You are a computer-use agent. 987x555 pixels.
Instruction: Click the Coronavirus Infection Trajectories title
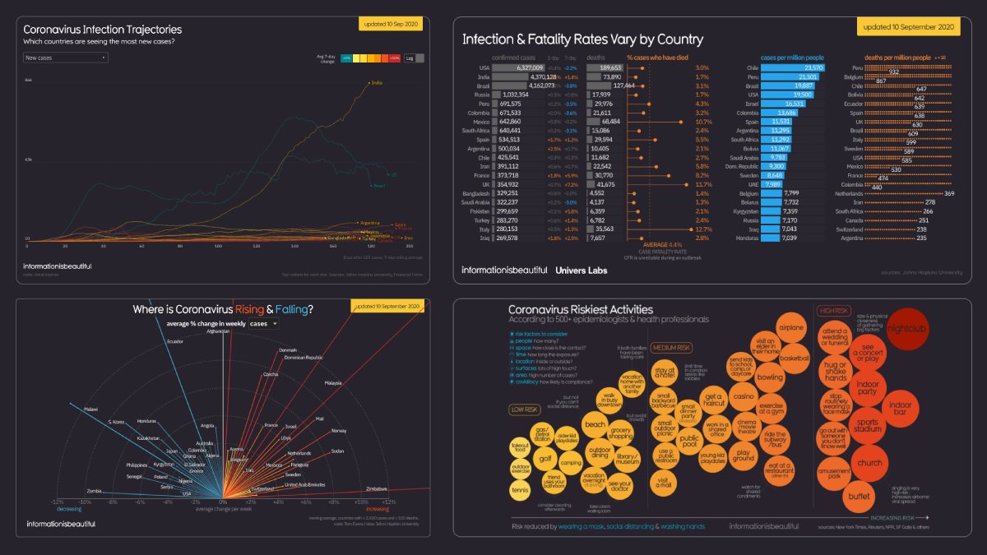pyautogui.click(x=102, y=30)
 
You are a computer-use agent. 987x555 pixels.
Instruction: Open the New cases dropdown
pyautogui.click(x=65, y=58)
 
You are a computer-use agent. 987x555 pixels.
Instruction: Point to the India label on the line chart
pyautogui.click(x=377, y=82)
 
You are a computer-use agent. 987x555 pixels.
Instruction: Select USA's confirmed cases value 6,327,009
pyautogui.click(x=525, y=68)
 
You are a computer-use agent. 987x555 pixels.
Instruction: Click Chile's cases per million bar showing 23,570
pyautogui.click(x=793, y=68)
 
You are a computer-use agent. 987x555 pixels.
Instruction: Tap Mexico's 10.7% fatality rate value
pyautogui.click(x=702, y=122)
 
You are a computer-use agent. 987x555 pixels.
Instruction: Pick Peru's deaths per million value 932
pyautogui.click(x=893, y=72)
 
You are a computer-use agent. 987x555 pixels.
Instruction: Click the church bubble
pyautogui.click(x=869, y=463)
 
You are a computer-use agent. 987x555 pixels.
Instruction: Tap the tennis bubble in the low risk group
pyautogui.click(x=521, y=490)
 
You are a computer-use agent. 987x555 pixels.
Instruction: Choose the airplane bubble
pyautogui.click(x=791, y=328)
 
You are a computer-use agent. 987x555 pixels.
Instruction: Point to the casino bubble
pyautogui.click(x=744, y=396)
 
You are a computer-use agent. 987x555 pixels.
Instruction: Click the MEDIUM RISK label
pyautogui.click(x=671, y=348)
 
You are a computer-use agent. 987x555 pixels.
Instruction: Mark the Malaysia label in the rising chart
pyautogui.click(x=332, y=383)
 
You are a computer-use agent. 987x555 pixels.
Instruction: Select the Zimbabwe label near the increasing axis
pyautogui.click(x=377, y=488)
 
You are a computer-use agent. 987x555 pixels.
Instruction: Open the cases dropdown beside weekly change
pyautogui.click(x=263, y=324)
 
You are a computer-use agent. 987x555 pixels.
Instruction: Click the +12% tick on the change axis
pyautogui.click(x=389, y=502)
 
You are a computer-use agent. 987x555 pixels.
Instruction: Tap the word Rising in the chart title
pyautogui.click(x=249, y=309)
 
